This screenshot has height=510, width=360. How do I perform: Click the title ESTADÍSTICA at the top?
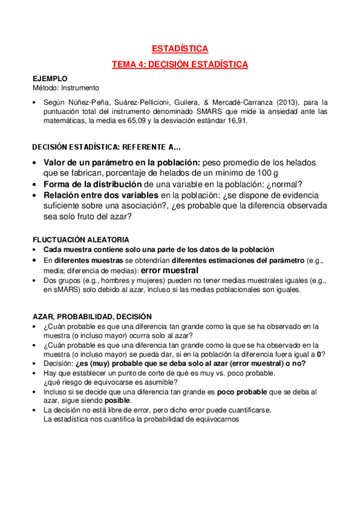180,49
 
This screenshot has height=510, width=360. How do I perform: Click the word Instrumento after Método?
82,88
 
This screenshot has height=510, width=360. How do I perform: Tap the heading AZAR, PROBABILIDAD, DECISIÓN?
92,316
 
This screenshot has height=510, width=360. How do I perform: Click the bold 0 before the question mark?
321,354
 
